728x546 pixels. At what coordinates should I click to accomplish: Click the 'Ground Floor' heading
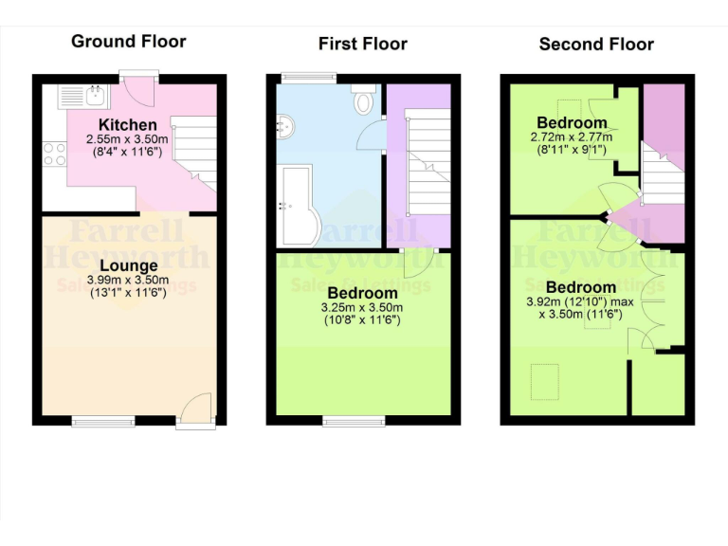coord(129,41)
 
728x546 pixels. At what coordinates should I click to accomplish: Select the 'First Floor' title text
coord(362,44)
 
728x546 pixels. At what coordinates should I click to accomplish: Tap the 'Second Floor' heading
coord(596,44)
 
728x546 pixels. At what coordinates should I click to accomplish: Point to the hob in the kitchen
coord(54,155)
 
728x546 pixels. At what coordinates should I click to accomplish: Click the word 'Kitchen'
coord(128,125)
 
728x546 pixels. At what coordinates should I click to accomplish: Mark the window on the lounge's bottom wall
coord(103,420)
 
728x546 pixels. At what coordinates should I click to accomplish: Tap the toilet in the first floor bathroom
coord(362,99)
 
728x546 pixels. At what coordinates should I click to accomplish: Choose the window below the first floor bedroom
coord(353,420)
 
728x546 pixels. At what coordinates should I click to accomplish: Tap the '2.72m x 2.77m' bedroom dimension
coord(572,136)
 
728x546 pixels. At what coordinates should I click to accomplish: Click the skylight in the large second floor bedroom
coord(543,383)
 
